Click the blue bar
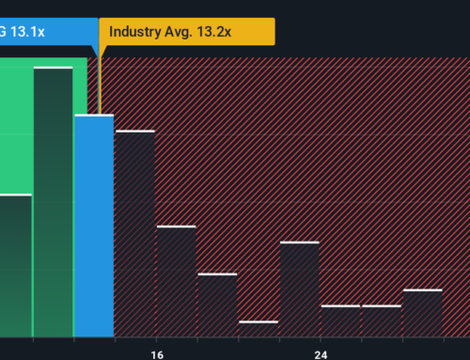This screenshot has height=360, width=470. tap(94, 226)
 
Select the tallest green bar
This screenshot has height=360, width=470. tap(53, 202)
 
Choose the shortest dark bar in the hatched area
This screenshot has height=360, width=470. tap(258, 329)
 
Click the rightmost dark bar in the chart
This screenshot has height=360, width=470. tap(422, 313)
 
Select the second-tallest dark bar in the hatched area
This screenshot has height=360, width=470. tap(300, 289)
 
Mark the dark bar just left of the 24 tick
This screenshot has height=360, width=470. tap(300, 289)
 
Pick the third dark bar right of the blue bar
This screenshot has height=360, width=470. tap(217, 305)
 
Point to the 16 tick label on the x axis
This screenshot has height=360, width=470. tap(156, 354)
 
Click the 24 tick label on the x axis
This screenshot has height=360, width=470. tap(321, 354)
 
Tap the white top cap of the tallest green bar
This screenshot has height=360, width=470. tap(53, 68)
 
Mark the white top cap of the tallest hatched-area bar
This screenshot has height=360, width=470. tap(134, 132)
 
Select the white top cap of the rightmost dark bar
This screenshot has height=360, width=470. tap(422, 290)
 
